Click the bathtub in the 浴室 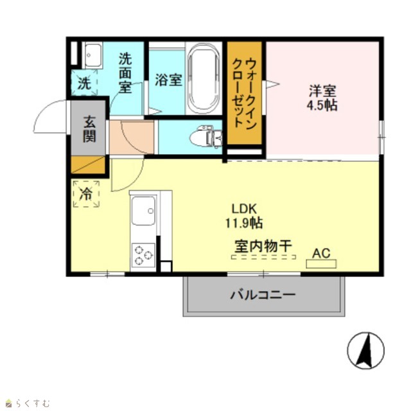pos(204,78)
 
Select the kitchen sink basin pos(143,211)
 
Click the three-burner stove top pos(143,255)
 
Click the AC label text pos(321,253)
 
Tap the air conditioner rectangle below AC pos(321,264)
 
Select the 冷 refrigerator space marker pos(86,194)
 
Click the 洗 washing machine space pos(84,83)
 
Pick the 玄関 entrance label pos(89,128)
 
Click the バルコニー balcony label pos(263,295)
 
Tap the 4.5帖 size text pos(322,105)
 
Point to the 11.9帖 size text pos(244,223)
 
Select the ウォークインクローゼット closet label pos(244,93)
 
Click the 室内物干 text pos(263,246)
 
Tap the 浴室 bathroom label pos(168,80)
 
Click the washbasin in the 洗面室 pos(92,56)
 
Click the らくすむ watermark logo pos(28,403)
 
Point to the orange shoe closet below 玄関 pos(88,164)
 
